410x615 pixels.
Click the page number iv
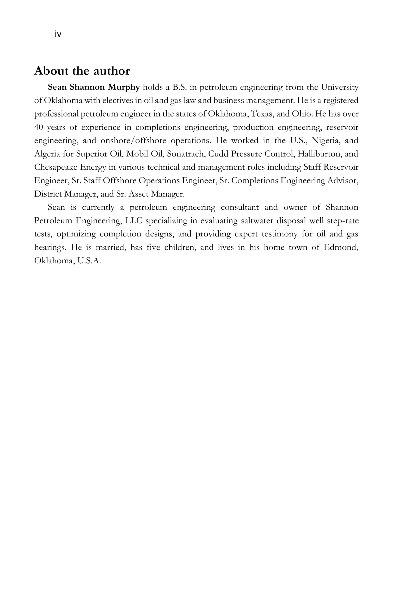tap(58, 34)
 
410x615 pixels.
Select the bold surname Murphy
tap(124, 87)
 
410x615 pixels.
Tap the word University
tap(339, 87)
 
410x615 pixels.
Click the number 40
tap(38, 127)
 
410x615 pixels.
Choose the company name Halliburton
tap(319, 154)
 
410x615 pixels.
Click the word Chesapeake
tap(56, 167)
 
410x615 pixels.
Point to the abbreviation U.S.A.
tap(89, 261)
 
